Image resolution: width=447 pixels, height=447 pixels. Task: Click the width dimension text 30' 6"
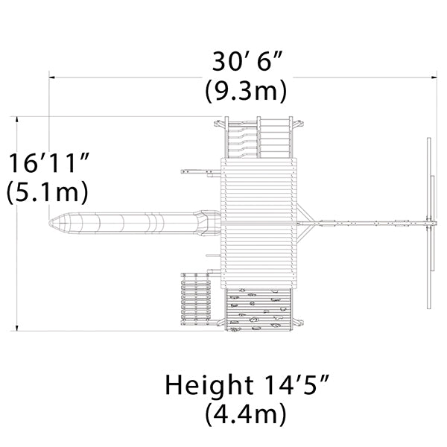click(x=247, y=61)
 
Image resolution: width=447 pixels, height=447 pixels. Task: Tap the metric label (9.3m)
click(x=245, y=90)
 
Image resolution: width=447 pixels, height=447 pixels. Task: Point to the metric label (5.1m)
click(x=48, y=191)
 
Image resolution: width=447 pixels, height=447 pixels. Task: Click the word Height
click(x=209, y=384)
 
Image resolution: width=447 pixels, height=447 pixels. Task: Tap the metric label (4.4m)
click(x=245, y=413)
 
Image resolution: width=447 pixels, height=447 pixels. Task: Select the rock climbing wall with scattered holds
click(x=259, y=310)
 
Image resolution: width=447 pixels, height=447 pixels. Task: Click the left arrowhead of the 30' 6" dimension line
click(x=51, y=77)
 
